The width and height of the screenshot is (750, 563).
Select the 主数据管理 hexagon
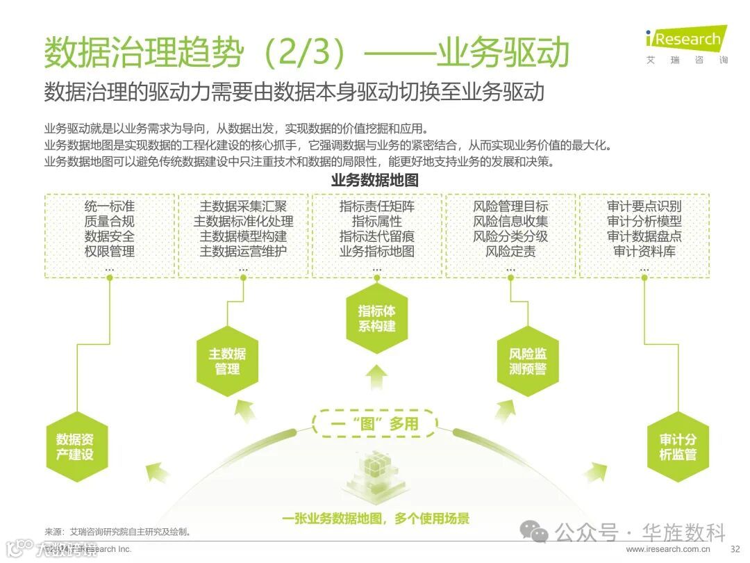227,361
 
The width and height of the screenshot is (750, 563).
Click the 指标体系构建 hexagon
376,318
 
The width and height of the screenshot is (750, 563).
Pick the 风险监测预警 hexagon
528,361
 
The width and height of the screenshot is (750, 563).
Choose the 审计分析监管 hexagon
678,447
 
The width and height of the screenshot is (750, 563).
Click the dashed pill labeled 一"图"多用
375,423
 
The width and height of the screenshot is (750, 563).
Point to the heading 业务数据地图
375,181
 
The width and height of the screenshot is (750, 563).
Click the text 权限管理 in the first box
110,252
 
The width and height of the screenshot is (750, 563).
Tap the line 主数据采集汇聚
243,206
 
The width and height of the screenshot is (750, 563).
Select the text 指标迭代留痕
376,236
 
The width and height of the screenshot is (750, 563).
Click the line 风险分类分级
510,236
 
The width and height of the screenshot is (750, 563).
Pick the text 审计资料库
644,252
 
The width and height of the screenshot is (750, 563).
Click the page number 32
735,549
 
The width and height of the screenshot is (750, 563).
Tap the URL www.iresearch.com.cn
668,549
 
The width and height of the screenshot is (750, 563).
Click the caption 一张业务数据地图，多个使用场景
376,518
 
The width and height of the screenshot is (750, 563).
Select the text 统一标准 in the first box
110,206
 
